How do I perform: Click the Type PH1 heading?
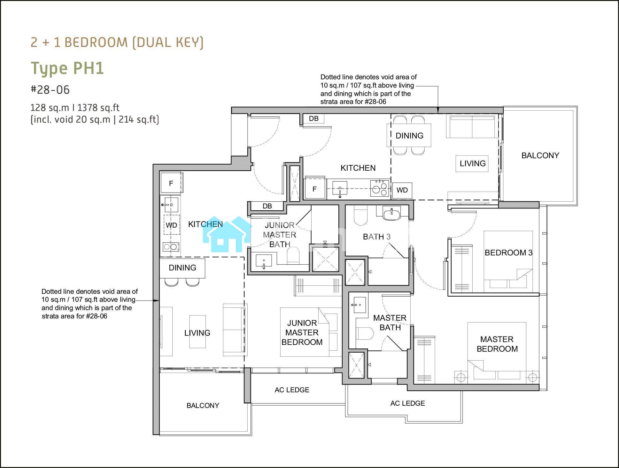click(x=67, y=68)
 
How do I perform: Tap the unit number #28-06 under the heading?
click(x=50, y=90)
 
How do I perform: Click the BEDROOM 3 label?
click(x=508, y=253)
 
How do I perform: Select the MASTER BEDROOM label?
click(x=497, y=344)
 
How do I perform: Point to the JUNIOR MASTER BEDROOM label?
click(x=302, y=332)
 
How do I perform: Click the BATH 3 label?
click(x=377, y=237)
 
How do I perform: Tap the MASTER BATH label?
click(x=390, y=323)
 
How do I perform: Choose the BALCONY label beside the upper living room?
click(x=540, y=155)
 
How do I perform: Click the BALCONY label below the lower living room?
click(x=203, y=405)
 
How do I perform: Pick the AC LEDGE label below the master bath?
click(x=407, y=403)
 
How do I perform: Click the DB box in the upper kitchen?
click(x=313, y=119)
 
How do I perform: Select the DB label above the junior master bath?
click(x=267, y=206)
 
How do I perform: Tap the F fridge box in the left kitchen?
click(x=171, y=183)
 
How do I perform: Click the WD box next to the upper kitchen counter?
click(x=402, y=190)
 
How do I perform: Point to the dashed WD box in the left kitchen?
click(x=172, y=225)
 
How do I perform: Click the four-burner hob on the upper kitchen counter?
click(x=379, y=188)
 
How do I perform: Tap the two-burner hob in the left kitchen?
click(x=171, y=247)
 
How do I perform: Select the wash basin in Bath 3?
click(x=392, y=213)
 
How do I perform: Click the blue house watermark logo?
click(x=227, y=234)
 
